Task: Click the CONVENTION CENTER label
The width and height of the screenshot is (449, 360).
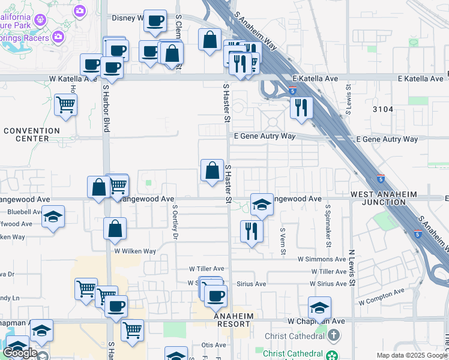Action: tap(32, 134)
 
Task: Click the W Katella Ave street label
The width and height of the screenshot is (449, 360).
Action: tap(73, 79)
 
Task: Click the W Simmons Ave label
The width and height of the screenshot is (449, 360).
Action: tap(322, 259)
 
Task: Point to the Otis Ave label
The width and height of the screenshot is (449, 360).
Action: tap(213, 345)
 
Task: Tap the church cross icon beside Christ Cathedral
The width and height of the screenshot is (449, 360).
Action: tap(335, 334)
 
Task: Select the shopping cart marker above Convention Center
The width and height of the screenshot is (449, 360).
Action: tap(65, 105)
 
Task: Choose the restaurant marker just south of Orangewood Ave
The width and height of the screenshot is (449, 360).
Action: tap(252, 230)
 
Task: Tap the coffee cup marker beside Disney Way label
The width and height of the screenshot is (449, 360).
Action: tap(155, 20)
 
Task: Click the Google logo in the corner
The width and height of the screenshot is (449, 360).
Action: tap(20, 353)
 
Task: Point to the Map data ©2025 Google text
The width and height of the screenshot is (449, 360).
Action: tap(412, 355)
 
